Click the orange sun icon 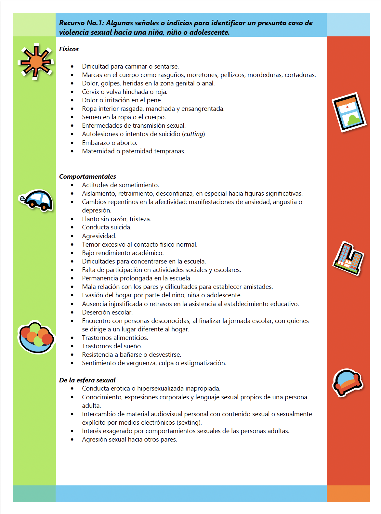[36, 62]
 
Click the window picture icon [349, 112]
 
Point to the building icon [348, 259]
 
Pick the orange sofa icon [348, 382]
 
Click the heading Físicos [69, 49]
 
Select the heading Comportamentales [87, 176]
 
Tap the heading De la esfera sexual [87, 380]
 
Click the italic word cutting [194, 134]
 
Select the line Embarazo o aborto [110, 143]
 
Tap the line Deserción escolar [107, 312]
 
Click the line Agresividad [99, 236]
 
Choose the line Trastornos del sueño [112, 346]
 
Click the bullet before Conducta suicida [72, 227]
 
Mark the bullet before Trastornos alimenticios [72, 338]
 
